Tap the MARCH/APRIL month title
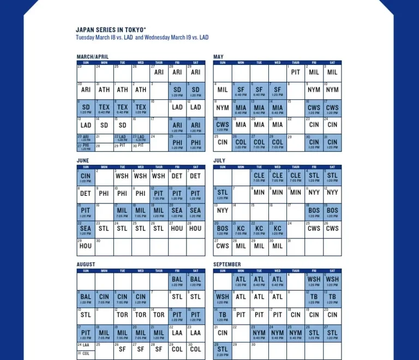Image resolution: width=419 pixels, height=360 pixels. coord(92,57)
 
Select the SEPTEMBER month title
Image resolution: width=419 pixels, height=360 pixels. coord(227,265)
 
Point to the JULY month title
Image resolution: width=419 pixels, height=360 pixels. coord(219,161)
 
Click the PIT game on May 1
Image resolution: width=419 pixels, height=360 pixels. coord(296,72)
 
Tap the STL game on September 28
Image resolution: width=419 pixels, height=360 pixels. coord(223,350)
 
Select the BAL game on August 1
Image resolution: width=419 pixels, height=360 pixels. coord(177,280)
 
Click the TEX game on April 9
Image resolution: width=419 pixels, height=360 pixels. coord(141,107)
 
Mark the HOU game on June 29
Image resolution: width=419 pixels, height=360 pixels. coord(86,246)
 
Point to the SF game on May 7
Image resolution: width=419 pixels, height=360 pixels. coord(278,90)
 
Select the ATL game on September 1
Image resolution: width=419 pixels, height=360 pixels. coord(241,280)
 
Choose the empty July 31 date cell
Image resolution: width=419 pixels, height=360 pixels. coord(296,246)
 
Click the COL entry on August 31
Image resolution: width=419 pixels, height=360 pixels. coord(86,353)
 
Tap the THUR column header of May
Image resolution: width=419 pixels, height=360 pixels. coord(296,63)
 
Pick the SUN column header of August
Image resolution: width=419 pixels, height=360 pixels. coord(86,271)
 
